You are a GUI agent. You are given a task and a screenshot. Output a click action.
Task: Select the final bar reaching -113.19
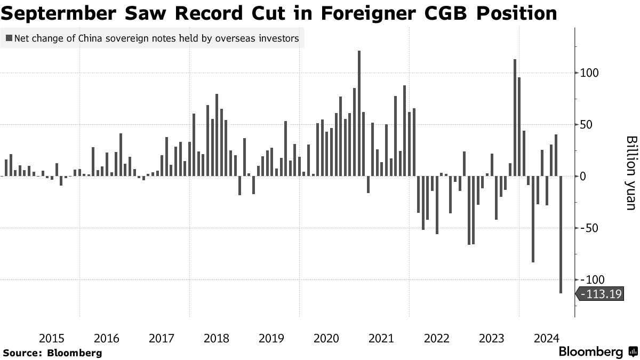[x=561, y=234]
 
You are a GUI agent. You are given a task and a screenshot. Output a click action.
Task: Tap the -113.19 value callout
[x=601, y=293]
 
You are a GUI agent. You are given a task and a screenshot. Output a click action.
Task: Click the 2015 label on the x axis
[x=52, y=338]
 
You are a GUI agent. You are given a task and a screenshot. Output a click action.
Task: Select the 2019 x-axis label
[x=271, y=338]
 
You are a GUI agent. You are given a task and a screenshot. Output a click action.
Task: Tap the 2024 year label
[x=546, y=338]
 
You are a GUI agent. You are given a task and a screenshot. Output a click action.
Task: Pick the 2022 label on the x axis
[x=436, y=338]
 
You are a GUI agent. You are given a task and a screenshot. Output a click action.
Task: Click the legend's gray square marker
[x=9, y=38]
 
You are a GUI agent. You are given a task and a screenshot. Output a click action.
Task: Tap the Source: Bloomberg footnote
[x=52, y=353]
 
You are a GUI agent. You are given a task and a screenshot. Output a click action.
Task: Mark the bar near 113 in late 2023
[x=515, y=117]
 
